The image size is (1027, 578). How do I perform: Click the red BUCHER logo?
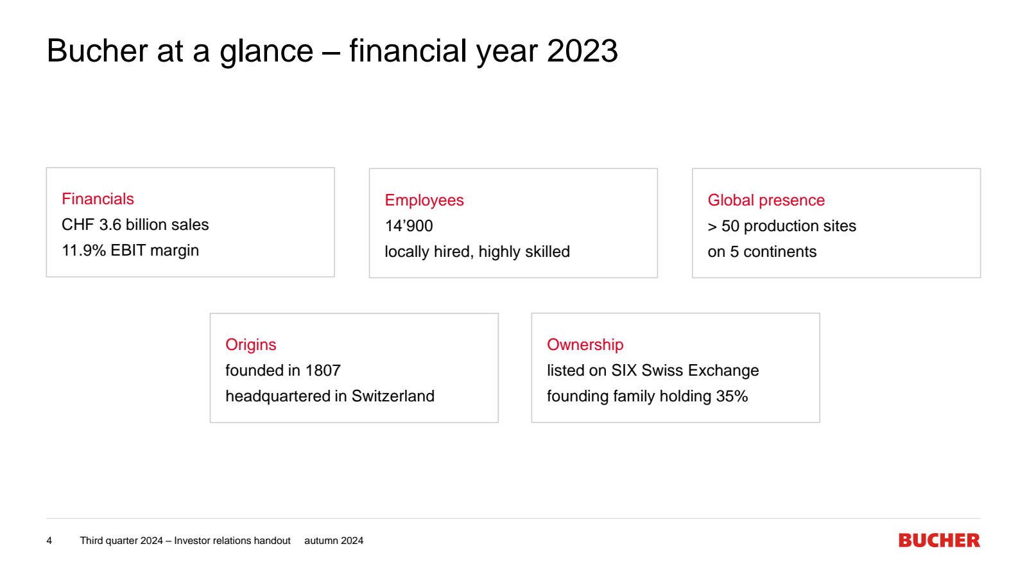click(x=939, y=540)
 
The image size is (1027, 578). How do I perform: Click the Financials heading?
click(x=98, y=199)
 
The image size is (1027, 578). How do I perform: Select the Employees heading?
click(x=424, y=200)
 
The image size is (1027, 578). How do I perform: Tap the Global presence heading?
click(x=766, y=200)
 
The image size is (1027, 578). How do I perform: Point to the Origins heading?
click(x=251, y=345)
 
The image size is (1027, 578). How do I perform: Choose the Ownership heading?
click(x=585, y=345)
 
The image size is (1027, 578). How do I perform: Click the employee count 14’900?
click(x=408, y=226)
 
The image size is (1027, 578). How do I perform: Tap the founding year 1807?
click(x=323, y=371)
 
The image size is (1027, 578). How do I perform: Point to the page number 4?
click(x=49, y=541)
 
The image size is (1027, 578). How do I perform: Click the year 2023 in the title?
click(x=582, y=51)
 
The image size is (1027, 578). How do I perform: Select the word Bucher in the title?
click(x=97, y=51)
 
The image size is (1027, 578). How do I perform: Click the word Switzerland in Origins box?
click(x=393, y=396)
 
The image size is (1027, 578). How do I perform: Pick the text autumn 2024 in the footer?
click(x=334, y=541)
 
